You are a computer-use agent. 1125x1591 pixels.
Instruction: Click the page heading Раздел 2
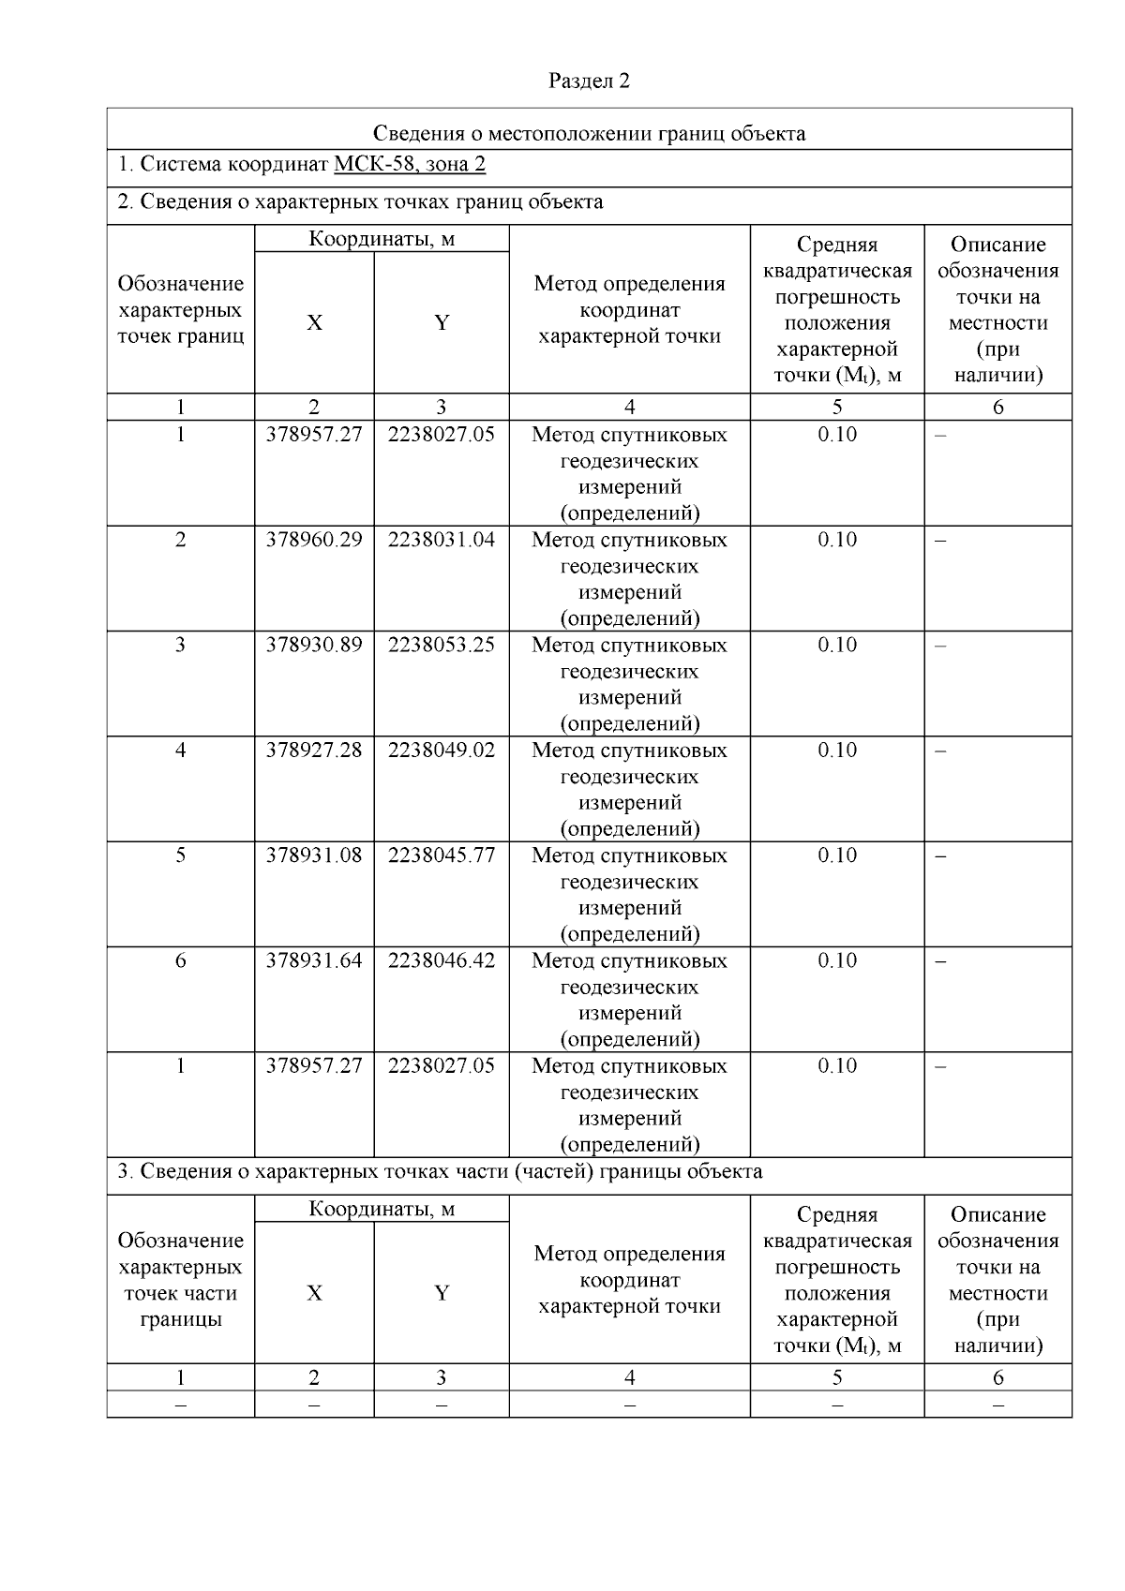click(589, 82)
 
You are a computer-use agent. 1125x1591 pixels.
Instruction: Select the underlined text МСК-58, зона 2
click(410, 165)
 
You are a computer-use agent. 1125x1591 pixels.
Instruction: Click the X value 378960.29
click(313, 540)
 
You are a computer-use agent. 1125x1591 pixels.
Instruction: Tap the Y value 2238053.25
click(441, 645)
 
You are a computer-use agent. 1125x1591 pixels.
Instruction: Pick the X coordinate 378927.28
click(313, 750)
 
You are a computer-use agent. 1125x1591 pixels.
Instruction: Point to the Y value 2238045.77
click(441, 855)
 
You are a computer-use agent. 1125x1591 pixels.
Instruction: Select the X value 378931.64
click(313, 960)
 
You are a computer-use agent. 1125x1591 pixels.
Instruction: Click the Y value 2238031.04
click(441, 540)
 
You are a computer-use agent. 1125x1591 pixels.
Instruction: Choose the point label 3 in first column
click(180, 645)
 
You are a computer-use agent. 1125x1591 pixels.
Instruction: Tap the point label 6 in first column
click(180, 960)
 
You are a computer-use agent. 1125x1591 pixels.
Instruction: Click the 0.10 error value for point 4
click(836, 750)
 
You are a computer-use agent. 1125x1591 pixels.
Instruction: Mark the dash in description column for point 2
click(940, 541)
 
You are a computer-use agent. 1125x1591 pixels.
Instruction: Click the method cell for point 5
click(629, 894)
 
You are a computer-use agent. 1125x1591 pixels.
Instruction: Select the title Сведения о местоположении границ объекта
click(589, 133)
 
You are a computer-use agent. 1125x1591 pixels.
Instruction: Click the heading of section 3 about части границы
click(440, 1171)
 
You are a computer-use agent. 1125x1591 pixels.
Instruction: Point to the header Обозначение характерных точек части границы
click(180, 1280)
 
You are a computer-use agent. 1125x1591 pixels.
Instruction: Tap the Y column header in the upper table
click(441, 323)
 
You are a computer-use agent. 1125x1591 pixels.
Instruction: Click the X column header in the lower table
click(313, 1293)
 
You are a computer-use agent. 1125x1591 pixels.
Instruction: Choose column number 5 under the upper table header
click(836, 407)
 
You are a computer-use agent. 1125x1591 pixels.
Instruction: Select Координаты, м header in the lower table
click(382, 1210)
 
